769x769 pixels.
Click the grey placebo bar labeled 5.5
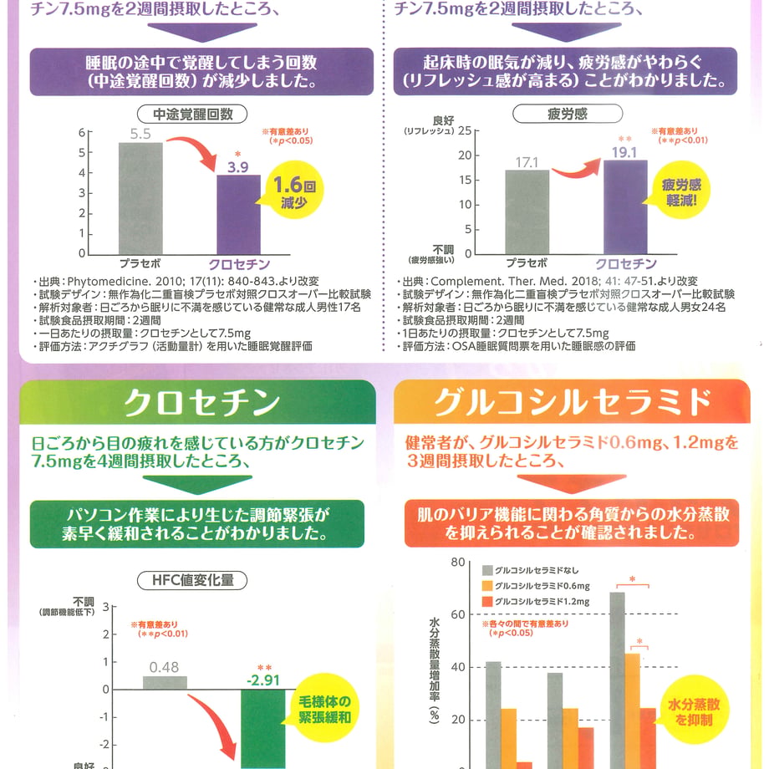[140, 199]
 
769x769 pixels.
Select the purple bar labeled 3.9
[238, 215]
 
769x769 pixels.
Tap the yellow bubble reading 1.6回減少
[293, 191]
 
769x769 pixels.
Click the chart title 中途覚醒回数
[192, 115]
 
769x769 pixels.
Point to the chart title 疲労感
[568, 114]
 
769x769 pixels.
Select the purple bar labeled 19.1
[625, 207]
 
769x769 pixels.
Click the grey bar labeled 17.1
[527, 211]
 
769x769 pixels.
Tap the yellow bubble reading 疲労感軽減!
[680, 191]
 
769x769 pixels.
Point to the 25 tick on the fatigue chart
[465, 131]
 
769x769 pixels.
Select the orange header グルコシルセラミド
[572, 402]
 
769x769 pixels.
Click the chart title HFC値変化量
[192, 580]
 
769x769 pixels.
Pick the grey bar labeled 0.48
[165, 683]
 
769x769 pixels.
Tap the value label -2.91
[263, 680]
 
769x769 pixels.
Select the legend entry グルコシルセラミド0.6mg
[536, 586]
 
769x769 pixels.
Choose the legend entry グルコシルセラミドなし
[531, 570]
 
